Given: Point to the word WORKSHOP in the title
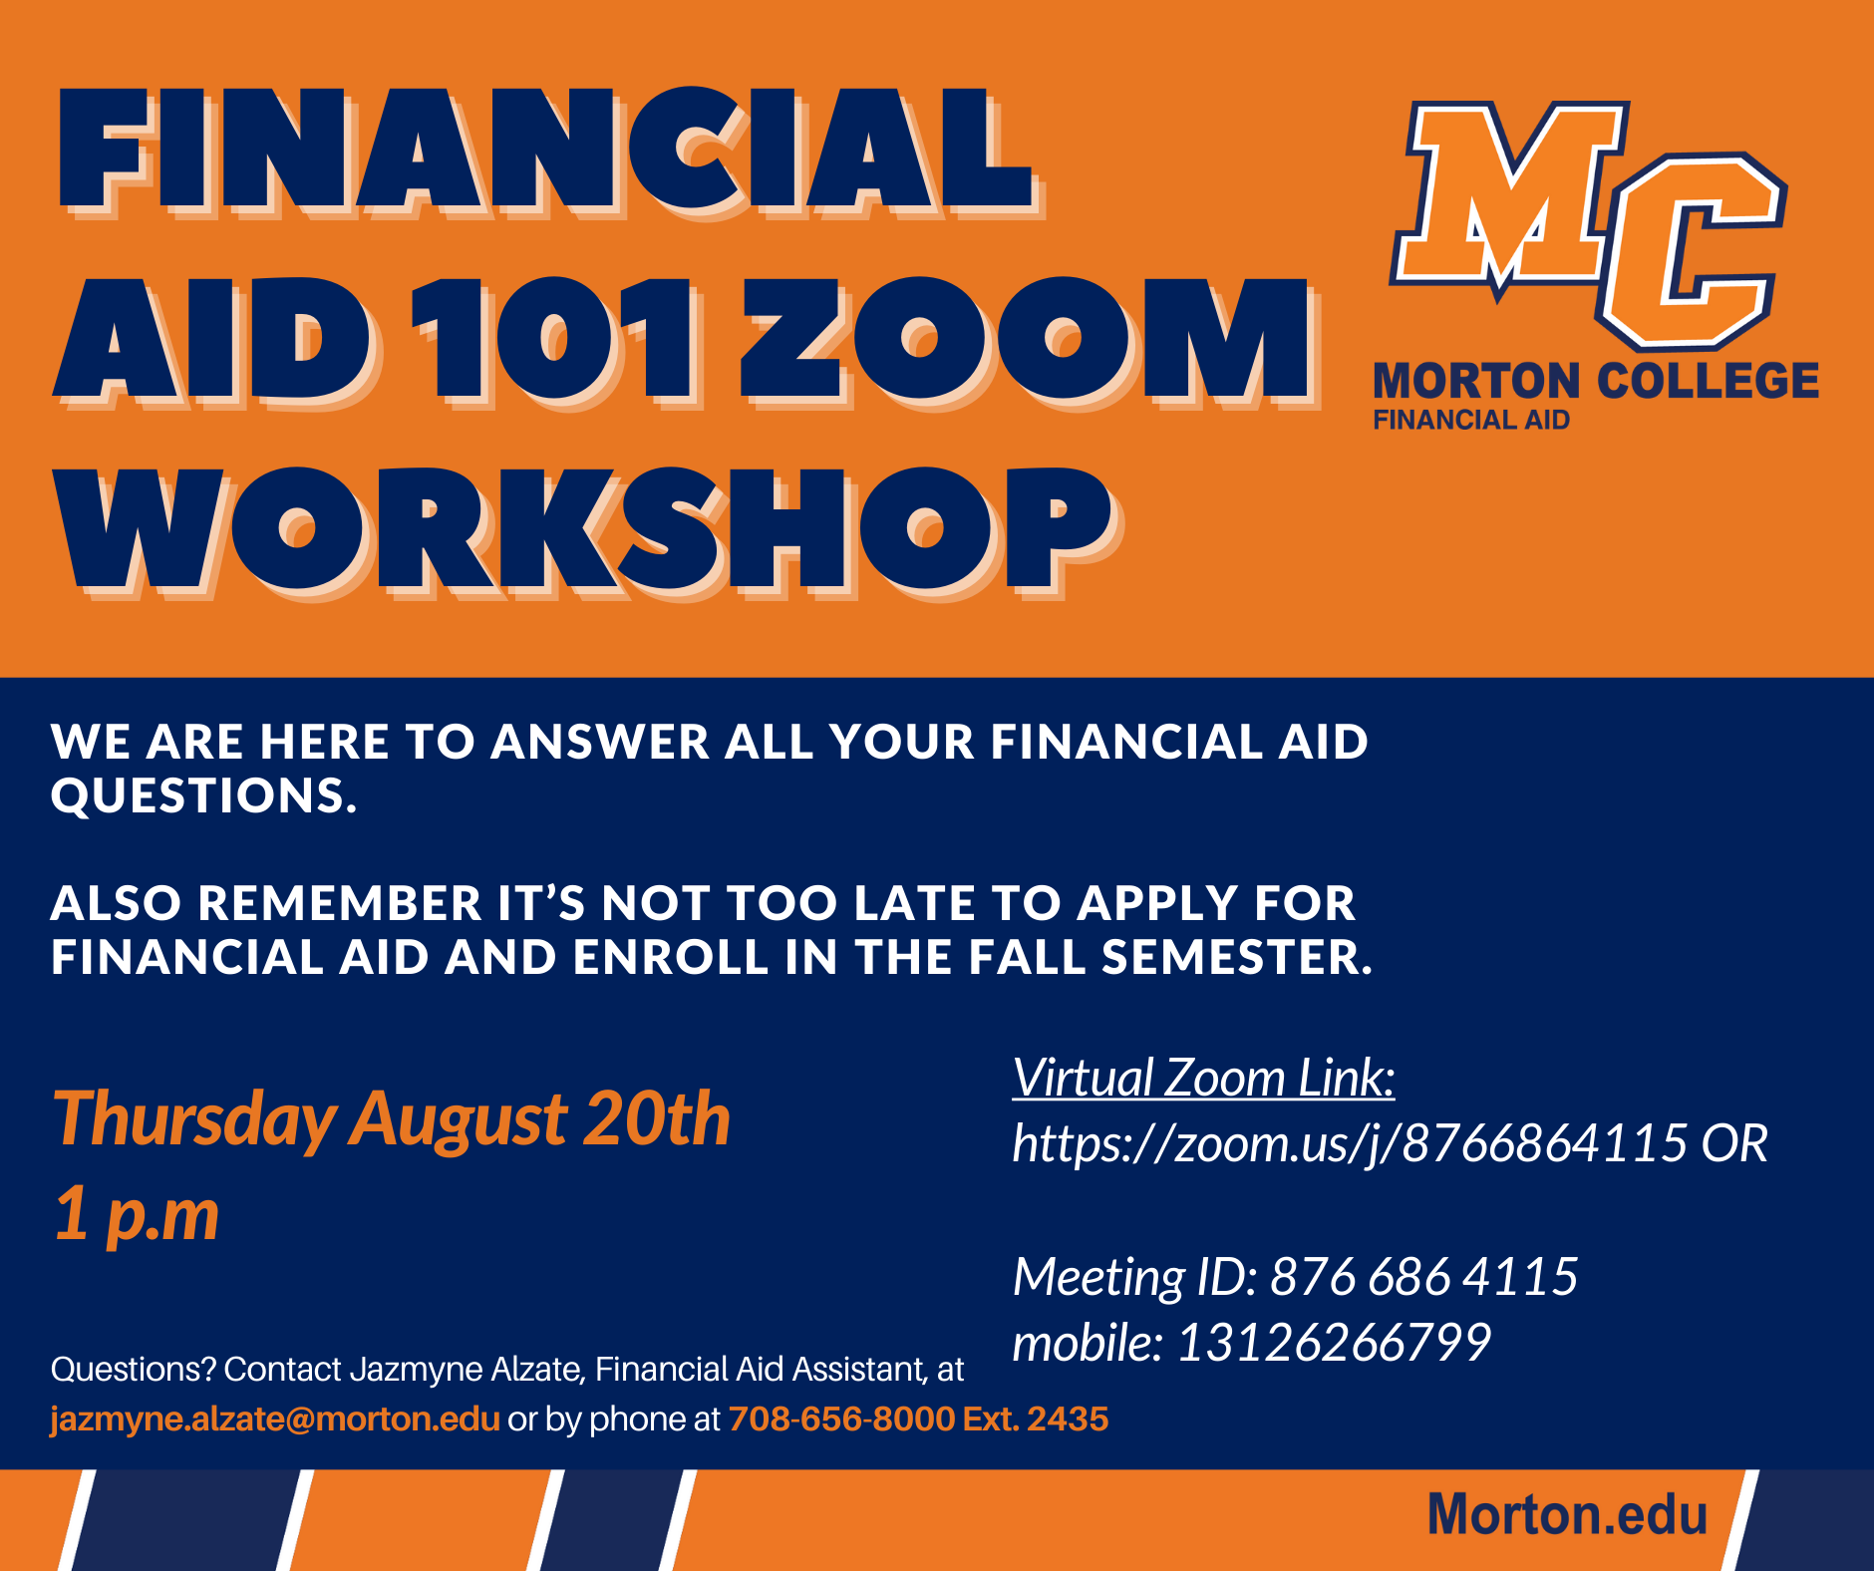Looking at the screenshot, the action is click(588, 531).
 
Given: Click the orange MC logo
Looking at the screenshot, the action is click(1589, 225).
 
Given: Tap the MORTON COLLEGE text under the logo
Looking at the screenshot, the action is click(1596, 382).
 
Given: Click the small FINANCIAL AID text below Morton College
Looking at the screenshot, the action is click(1471, 421).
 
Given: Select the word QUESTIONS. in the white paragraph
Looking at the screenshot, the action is click(204, 795).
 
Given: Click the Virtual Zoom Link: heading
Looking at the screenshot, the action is click(1203, 1078).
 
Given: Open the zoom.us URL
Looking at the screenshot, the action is click(1350, 1143).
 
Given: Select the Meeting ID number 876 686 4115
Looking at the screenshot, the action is click(1423, 1277).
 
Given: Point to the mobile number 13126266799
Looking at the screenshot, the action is click(1334, 1343).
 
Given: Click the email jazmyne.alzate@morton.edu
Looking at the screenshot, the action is click(275, 1418).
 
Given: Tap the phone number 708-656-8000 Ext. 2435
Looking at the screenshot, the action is click(918, 1418).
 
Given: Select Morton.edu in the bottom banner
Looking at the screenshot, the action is click(1567, 1515).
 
